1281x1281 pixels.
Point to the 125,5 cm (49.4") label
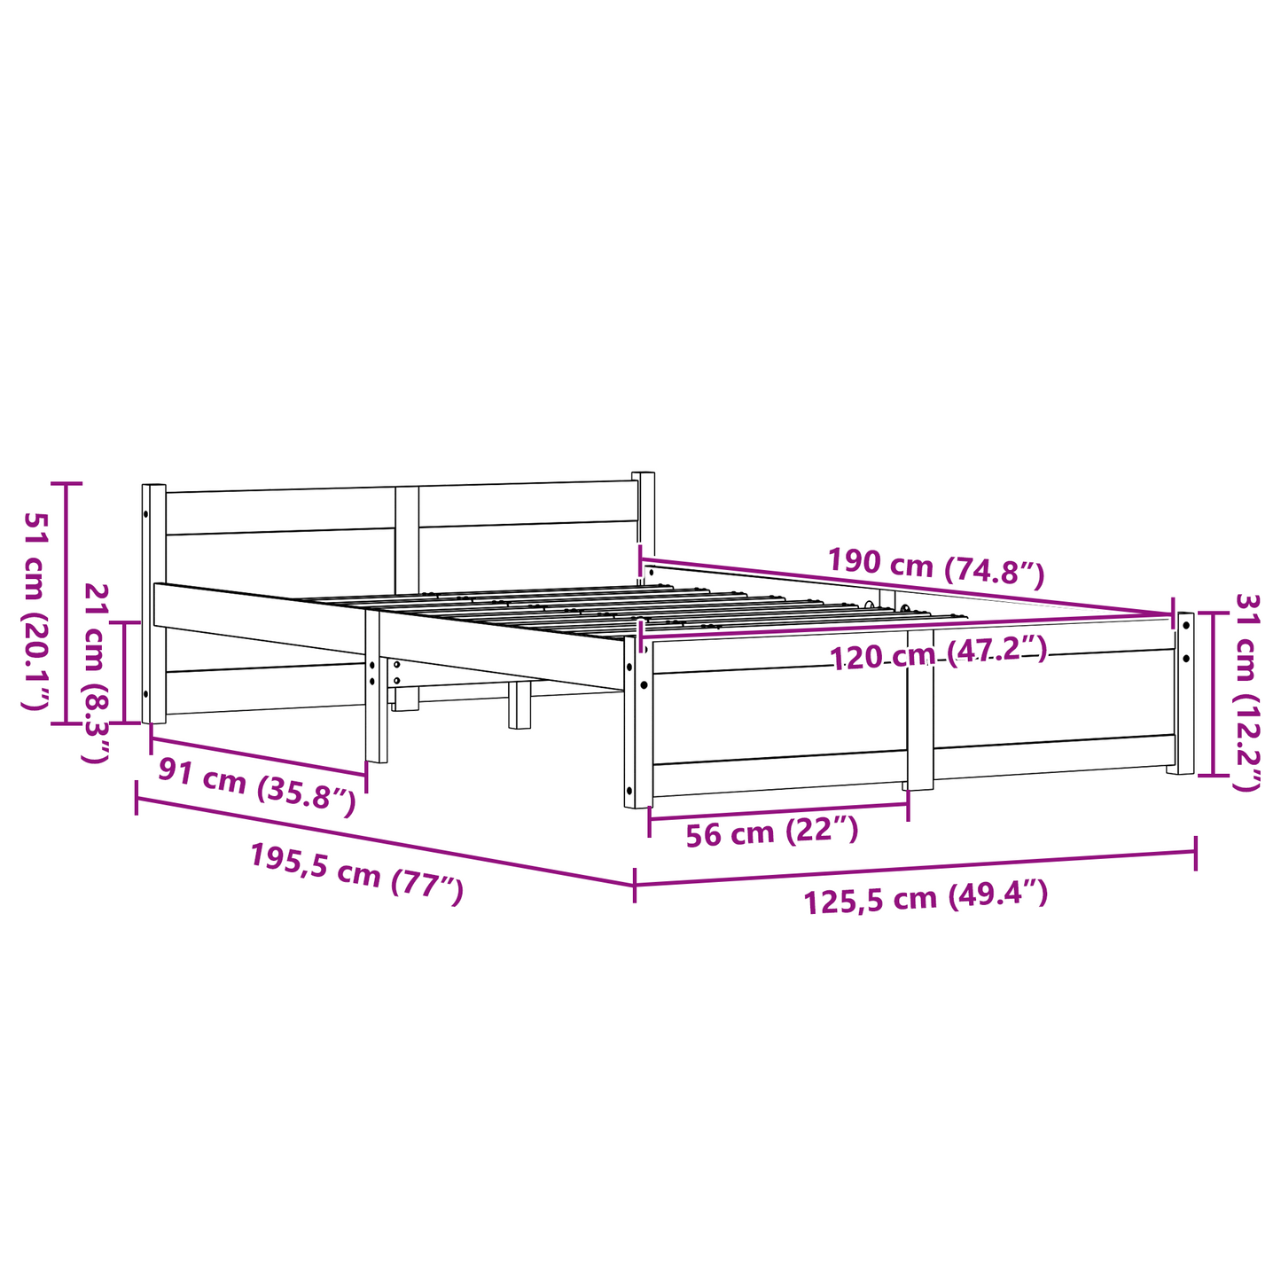click(926, 897)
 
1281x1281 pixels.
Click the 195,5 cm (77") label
click(355, 873)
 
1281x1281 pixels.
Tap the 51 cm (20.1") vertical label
click(36, 610)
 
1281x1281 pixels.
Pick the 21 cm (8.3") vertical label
click(95, 674)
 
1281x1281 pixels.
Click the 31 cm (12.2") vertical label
click(1246, 692)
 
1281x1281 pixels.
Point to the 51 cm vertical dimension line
click(65, 603)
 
